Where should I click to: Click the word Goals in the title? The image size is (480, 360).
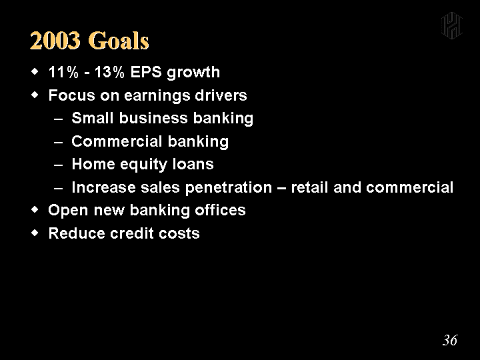click(119, 41)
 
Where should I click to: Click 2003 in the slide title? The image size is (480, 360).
click(55, 41)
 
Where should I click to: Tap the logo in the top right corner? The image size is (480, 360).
click(451, 26)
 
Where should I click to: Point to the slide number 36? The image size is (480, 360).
click(450, 340)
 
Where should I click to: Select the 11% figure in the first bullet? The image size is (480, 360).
click(63, 73)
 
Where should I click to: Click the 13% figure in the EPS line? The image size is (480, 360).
click(109, 73)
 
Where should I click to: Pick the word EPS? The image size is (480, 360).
click(146, 73)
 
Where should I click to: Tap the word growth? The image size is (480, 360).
click(193, 73)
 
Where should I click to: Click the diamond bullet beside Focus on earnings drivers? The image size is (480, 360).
click(35, 95)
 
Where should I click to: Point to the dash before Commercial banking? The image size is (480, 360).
click(58, 143)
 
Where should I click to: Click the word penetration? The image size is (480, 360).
click(229, 188)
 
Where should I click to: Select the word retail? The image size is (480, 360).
click(309, 187)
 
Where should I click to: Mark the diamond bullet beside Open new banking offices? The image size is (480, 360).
click(35, 210)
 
